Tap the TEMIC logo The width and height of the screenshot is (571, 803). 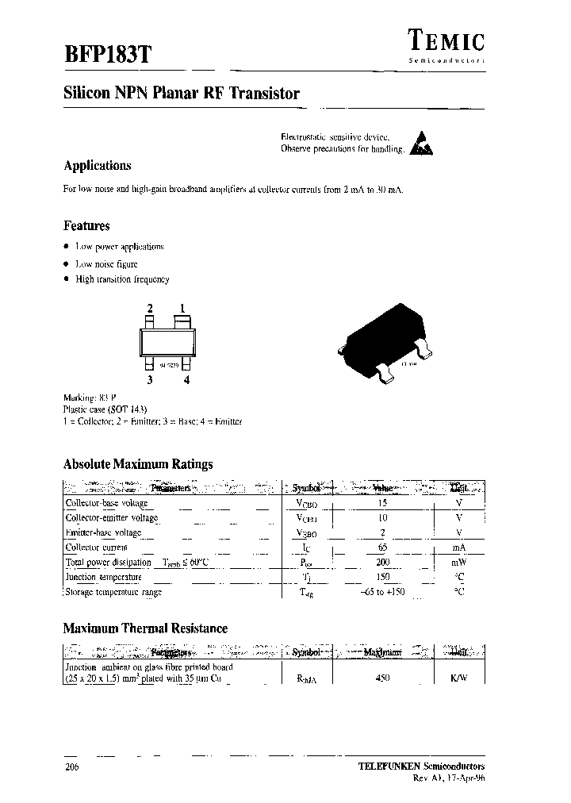point(446,40)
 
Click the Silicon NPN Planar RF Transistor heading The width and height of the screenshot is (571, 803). point(181,94)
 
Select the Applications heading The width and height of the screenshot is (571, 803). point(97,166)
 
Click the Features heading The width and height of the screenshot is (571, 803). point(86,225)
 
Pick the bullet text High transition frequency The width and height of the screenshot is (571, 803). point(122,279)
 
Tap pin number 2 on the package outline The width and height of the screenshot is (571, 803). point(148,309)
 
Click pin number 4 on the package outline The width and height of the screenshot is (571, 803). point(186,380)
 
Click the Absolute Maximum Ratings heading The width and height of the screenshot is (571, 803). point(137,464)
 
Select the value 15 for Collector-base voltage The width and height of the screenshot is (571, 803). point(383,503)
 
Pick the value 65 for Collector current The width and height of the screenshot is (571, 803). point(383,547)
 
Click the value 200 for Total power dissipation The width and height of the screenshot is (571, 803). point(383,563)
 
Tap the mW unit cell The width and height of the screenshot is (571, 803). point(459,563)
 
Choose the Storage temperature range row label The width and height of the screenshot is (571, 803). point(113,592)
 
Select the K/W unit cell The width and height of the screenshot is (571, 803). point(459,678)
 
